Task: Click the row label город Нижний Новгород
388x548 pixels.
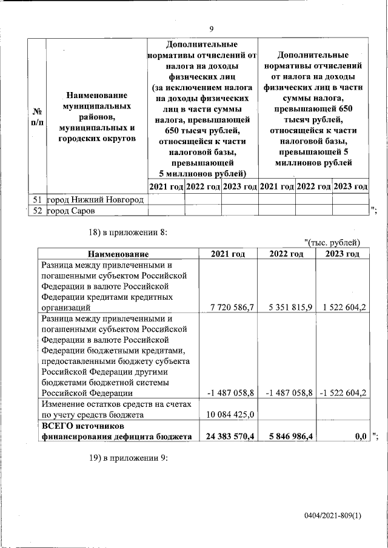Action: click(95, 199)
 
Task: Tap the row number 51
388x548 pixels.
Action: click(37, 199)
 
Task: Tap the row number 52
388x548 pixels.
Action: click(37, 211)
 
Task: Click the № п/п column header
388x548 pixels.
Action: click(37, 117)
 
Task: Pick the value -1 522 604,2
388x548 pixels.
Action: click(341, 393)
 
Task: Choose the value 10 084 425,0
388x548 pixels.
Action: click(231, 415)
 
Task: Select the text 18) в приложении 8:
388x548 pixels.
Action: click(128, 232)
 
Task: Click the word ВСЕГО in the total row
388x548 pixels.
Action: click(56, 426)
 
